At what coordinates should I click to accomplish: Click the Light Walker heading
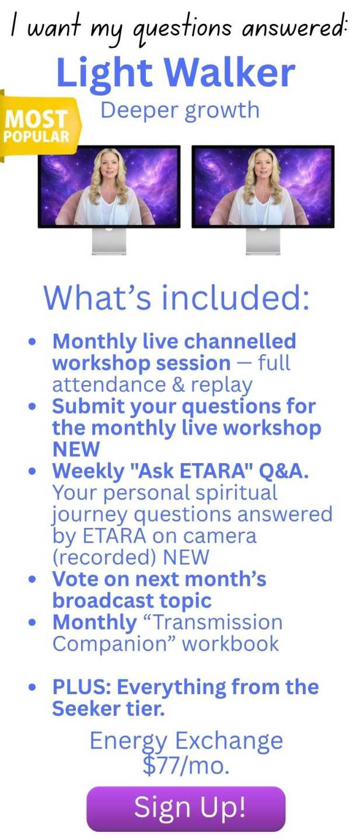[x=176, y=73]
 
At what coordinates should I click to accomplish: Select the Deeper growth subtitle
[x=180, y=111]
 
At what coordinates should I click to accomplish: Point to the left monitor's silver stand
[x=109, y=241]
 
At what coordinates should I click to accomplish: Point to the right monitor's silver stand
[x=263, y=241]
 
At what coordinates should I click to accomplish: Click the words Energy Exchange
[x=186, y=741]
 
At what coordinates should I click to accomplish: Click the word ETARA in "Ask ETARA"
[x=212, y=471]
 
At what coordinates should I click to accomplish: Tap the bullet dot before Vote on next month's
[x=33, y=579]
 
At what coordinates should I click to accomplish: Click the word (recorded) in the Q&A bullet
[x=104, y=558]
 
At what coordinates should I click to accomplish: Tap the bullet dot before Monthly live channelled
[x=33, y=342]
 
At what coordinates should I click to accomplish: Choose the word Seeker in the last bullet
[x=86, y=709]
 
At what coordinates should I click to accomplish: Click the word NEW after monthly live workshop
[x=76, y=449]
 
